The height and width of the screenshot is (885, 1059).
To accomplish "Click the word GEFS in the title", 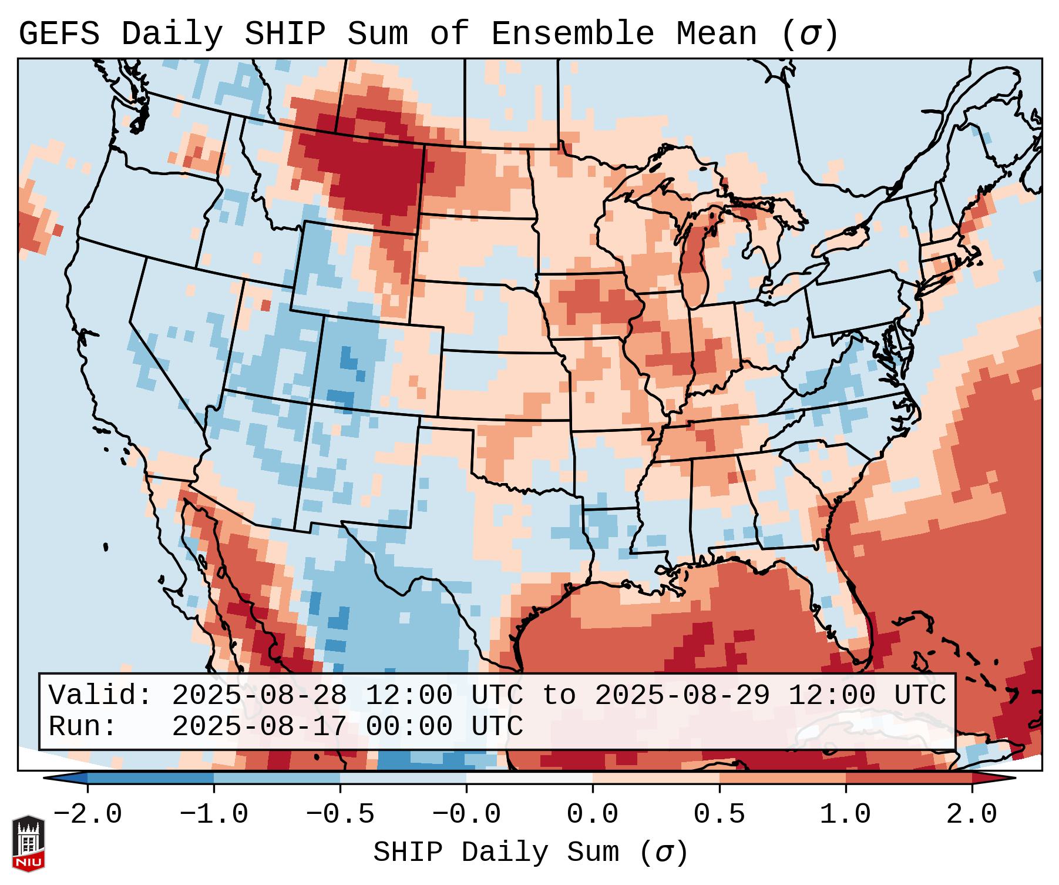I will pos(59,34).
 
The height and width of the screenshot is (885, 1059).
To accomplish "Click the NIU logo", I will pos(28,844).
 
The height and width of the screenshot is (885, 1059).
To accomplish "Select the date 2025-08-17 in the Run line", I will pos(259,727).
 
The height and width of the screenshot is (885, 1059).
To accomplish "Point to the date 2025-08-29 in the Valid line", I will pos(682,696).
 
